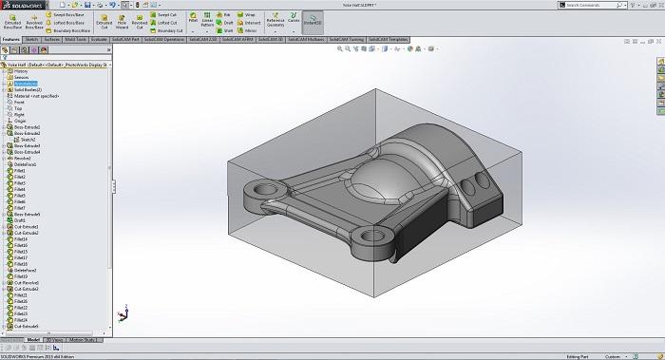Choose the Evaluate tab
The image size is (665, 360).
[98, 40]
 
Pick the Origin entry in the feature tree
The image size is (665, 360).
[20, 120]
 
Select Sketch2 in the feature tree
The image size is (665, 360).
[27, 139]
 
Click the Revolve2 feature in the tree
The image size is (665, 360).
[23, 158]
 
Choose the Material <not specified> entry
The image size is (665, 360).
[35, 95]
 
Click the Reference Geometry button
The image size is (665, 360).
[275, 21]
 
